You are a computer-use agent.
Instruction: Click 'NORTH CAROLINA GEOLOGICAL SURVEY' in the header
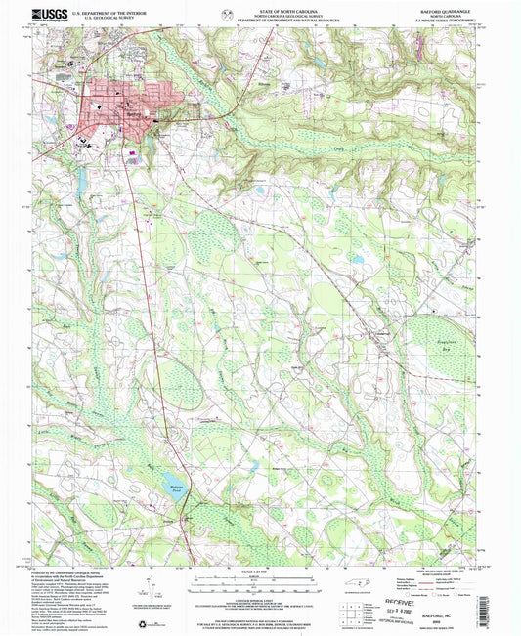tap(261, 15)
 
